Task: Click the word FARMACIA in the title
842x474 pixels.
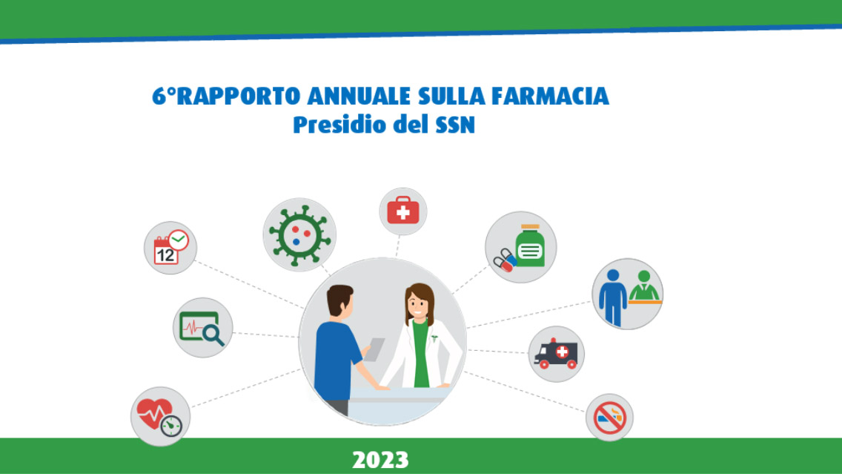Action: [551, 96]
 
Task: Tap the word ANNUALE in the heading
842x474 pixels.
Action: [358, 96]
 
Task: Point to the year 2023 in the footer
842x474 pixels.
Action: [380, 460]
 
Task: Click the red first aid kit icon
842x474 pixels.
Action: [403, 211]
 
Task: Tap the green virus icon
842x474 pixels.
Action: [299, 234]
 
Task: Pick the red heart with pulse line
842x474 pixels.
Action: [155, 412]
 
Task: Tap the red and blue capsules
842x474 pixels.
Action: [505, 260]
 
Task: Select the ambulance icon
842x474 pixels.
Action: [556, 354]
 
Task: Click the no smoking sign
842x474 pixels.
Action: [609, 418]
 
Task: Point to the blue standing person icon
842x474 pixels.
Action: [613, 297]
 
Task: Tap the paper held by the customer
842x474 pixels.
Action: [375, 349]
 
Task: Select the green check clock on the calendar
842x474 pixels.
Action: [179, 240]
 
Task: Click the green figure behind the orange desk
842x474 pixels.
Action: [644, 286]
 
